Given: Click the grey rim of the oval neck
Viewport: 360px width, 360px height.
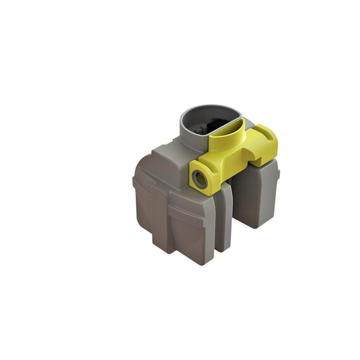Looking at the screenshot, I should (187, 114).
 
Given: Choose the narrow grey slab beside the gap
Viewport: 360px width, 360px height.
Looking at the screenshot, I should (224, 216).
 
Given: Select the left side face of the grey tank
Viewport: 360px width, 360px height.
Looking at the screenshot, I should (144, 204).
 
